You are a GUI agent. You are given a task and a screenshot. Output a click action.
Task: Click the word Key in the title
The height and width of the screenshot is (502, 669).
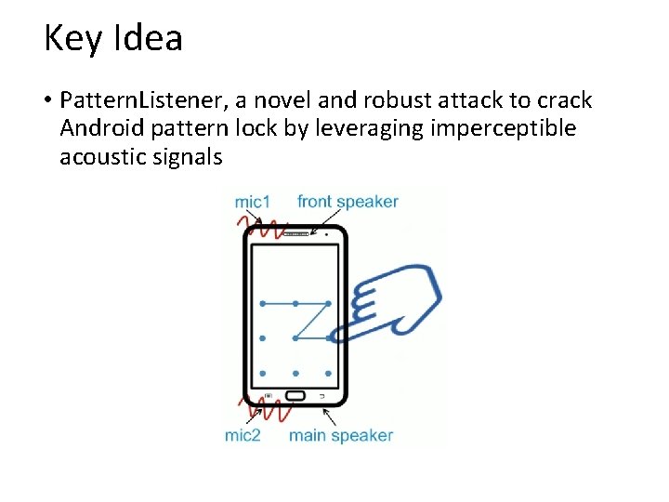point(72,39)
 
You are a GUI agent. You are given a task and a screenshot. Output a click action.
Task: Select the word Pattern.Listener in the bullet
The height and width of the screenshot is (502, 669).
point(131,100)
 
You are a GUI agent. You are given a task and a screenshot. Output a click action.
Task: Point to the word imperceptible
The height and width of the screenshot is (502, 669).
point(504,128)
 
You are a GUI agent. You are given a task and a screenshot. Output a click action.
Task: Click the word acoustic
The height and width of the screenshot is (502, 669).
point(104,156)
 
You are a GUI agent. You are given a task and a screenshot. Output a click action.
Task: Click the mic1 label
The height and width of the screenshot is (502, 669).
point(252,201)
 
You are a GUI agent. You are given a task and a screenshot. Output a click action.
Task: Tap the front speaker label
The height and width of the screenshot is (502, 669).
point(348,201)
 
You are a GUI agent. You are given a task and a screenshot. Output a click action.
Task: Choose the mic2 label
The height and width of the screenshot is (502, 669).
point(243,435)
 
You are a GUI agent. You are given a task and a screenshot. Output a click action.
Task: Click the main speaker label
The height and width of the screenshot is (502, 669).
point(341,435)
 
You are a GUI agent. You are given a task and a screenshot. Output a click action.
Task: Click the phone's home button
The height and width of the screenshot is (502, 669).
point(295,397)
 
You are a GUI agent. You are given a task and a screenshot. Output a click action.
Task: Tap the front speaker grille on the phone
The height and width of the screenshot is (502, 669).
point(295,234)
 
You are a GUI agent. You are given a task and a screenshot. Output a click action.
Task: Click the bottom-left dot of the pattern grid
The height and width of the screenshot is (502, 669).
point(263,373)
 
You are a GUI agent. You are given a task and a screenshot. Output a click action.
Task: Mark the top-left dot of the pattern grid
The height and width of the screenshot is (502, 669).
point(263,304)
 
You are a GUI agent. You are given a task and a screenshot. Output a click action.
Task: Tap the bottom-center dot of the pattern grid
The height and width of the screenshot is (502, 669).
point(295,373)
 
